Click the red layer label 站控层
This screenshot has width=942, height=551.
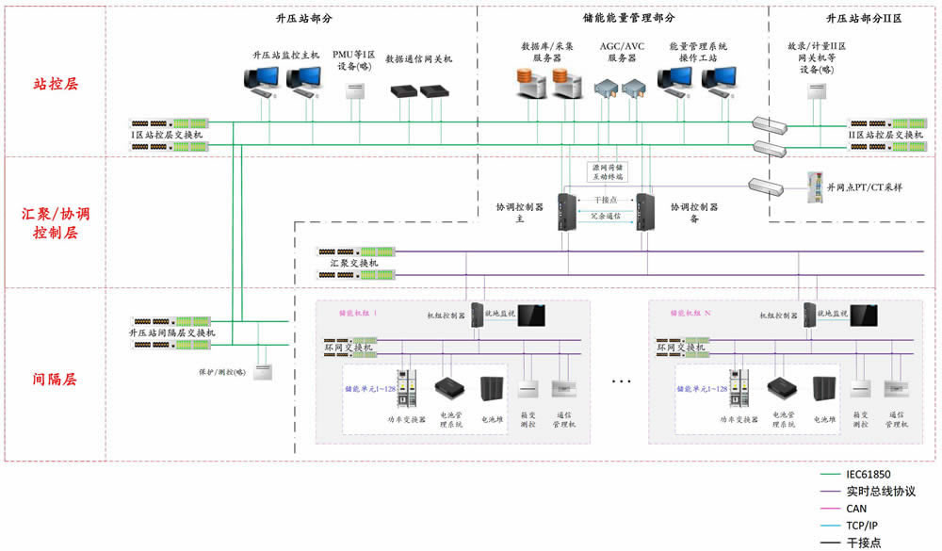pyautogui.click(x=56, y=83)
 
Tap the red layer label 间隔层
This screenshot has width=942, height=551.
pyautogui.click(x=56, y=380)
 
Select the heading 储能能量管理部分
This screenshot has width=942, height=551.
pyautogui.click(x=623, y=18)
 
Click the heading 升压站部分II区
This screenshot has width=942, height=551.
pyautogui.click(x=864, y=18)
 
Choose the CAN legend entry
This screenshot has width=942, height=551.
pyautogui.click(x=857, y=509)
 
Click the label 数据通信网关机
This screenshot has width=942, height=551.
pyautogui.click(x=418, y=59)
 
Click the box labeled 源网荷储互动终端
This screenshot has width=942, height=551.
pyautogui.click(x=606, y=170)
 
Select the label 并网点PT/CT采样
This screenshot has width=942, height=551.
pyautogui.click(x=866, y=187)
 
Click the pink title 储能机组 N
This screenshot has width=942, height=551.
pyautogui.click(x=690, y=313)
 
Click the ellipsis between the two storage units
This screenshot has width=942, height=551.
pyautogui.click(x=622, y=381)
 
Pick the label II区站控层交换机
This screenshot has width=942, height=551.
pyautogui.click(x=886, y=136)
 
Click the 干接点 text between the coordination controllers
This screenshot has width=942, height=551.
pyautogui.click(x=605, y=200)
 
